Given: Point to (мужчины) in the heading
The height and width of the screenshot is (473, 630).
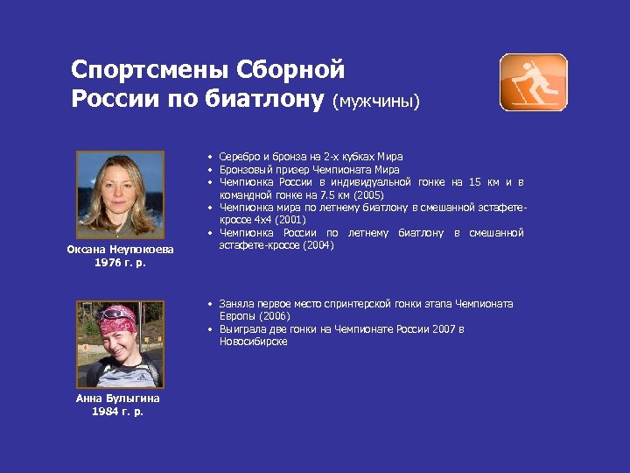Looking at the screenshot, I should pos(376,102).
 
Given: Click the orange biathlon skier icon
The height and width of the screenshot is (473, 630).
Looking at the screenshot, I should pos(533,82).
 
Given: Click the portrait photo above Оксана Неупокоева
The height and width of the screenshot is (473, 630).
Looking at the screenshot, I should pos(120,195).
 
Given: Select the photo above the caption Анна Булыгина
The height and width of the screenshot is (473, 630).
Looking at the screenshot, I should pos(118,344).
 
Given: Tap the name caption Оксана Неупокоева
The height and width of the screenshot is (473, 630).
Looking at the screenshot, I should pos(120,250).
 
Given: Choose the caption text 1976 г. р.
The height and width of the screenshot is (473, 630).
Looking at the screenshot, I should pos(119,262).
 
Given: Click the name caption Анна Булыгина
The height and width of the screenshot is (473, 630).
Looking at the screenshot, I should pos(118,398).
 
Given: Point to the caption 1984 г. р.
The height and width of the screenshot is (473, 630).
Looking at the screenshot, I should pos(118,411).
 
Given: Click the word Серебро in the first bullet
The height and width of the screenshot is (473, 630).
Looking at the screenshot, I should pos(239,157).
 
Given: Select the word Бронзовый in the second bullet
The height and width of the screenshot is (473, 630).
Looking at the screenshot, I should pos(248,169).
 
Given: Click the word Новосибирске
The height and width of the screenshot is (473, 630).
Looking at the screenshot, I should pos(254,342).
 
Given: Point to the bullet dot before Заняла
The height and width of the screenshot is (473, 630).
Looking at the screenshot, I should pos(211,304).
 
